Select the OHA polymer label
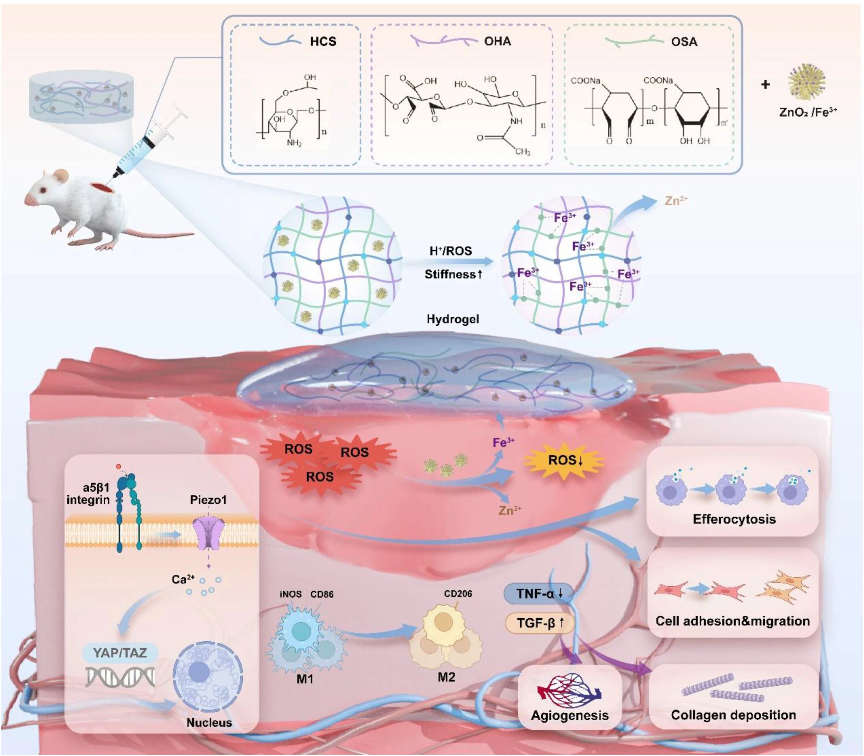(x=497, y=41)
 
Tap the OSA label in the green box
(x=684, y=42)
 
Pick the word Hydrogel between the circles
(x=453, y=319)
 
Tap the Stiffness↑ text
(x=453, y=275)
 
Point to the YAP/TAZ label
(x=120, y=653)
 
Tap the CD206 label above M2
(x=458, y=594)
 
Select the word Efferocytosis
(x=734, y=519)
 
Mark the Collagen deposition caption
(x=733, y=715)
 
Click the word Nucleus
(x=209, y=722)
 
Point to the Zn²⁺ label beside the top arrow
(x=676, y=200)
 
